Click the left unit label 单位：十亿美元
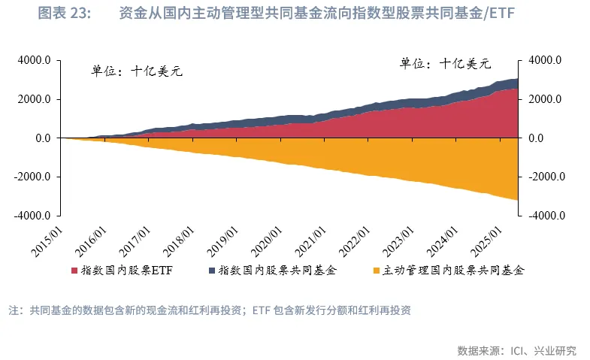pyautogui.click(x=138, y=72)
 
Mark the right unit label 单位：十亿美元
pyautogui.click(x=445, y=63)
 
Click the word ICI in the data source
pyautogui.click(x=519, y=350)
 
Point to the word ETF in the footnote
pyautogui.click(x=261, y=310)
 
